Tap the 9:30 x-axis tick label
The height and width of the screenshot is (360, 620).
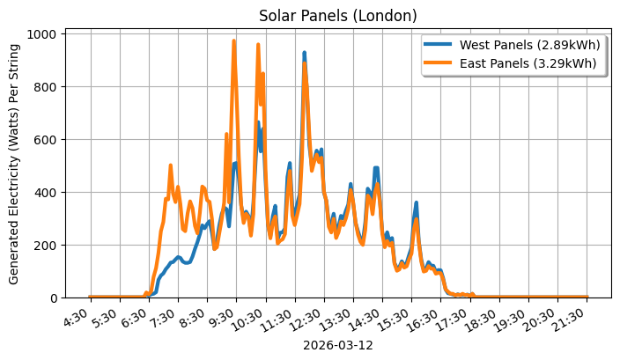coord(224,316)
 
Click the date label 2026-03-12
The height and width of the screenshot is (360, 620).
coord(337,346)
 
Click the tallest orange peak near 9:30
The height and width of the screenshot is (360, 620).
coord(233,41)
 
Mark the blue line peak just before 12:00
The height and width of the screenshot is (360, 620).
coord(304,54)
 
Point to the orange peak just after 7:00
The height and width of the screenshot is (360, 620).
coord(170,165)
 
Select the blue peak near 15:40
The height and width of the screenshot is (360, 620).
coord(416,203)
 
